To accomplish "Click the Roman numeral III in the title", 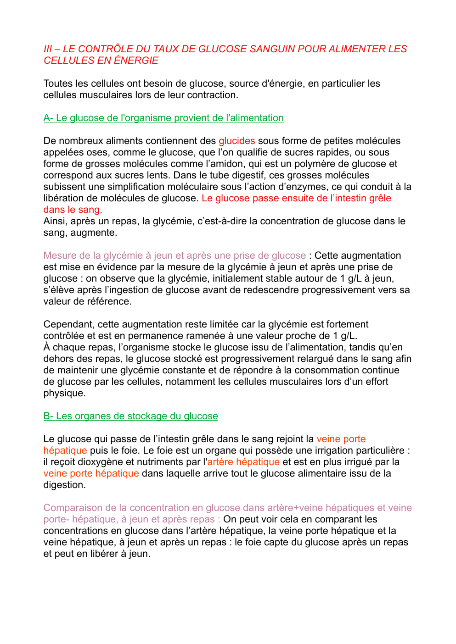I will coord(48,49).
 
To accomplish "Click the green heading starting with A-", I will coord(163,118).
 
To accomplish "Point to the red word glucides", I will coord(236,141).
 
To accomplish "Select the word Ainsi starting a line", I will coord(54,221).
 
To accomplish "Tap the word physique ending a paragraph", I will coord(64,393).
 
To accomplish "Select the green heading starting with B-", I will coord(130,416).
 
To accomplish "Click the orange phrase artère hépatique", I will coord(243,462).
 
